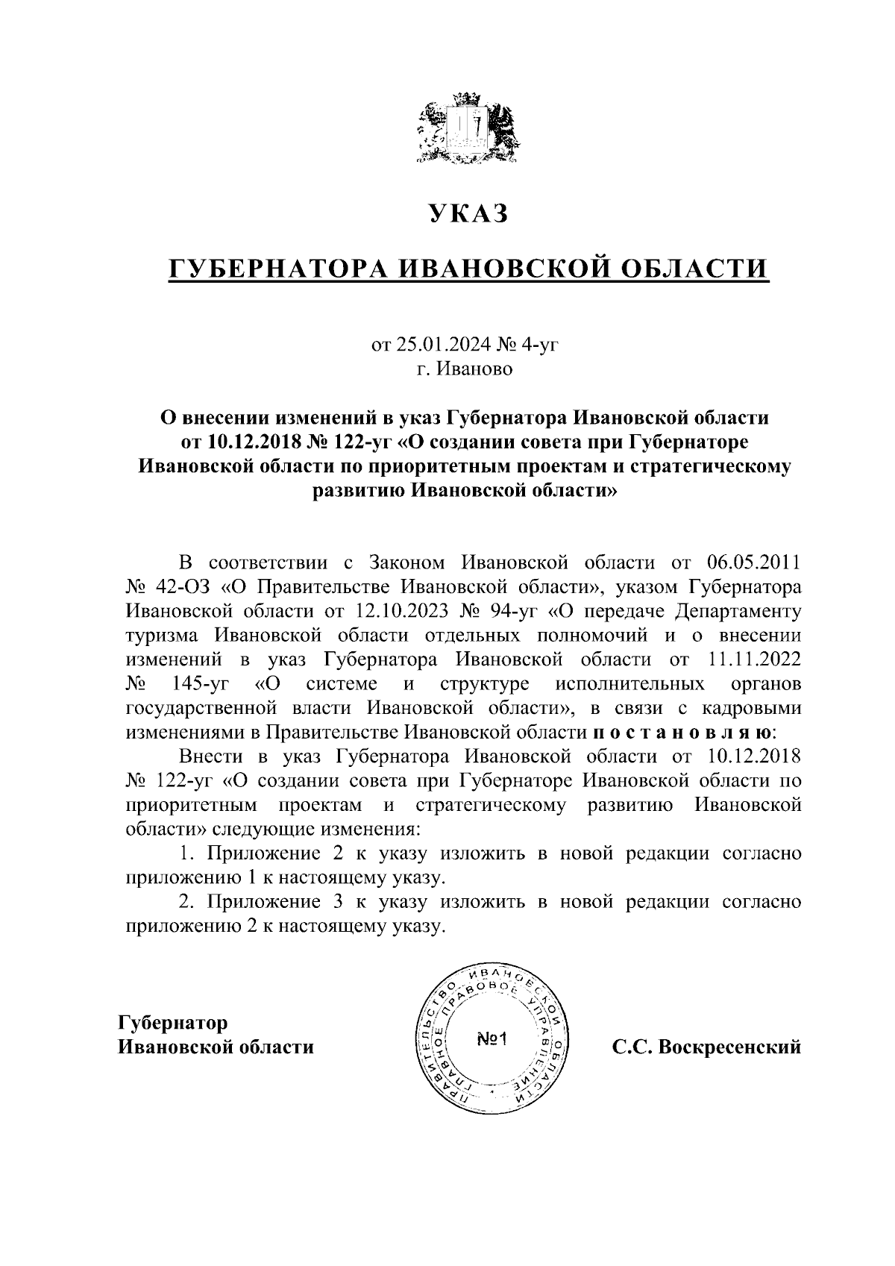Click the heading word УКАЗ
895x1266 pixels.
[468, 213]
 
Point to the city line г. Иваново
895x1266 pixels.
[465, 369]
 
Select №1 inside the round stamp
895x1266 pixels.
[492, 1039]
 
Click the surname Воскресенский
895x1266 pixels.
[726, 1047]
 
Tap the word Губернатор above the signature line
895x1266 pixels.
[174, 1022]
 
